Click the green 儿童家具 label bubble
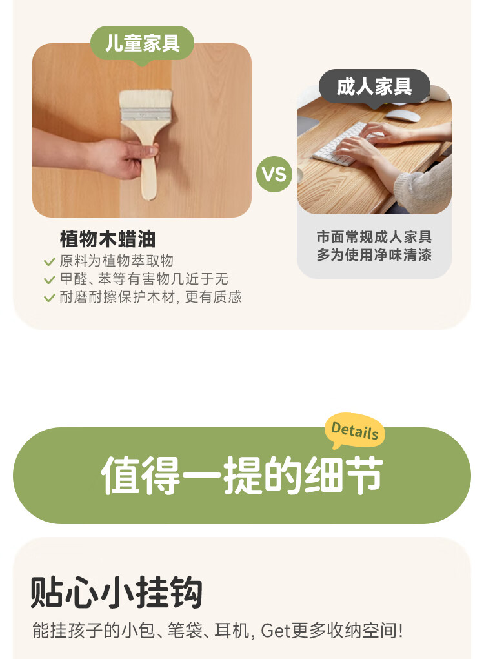pyautogui.click(x=142, y=44)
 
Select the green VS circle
pyautogui.click(x=274, y=174)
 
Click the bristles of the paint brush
pyautogui.click(x=146, y=99)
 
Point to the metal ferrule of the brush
pyautogui.click(x=146, y=115)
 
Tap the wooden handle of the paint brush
pyautogui.click(x=148, y=168)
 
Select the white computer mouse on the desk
pyautogui.click(x=403, y=116)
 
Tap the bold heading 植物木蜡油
pyautogui.click(x=108, y=239)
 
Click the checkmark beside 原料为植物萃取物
pyautogui.click(x=50, y=262)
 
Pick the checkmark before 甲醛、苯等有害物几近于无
pyautogui.click(x=50, y=280)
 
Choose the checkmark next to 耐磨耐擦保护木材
pyautogui.click(x=50, y=298)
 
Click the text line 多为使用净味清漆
pyautogui.click(x=374, y=255)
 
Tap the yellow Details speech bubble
pyautogui.click(x=355, y=431)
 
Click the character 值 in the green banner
pyautogui.click(x=121, y=475)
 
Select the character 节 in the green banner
pyautogui.click(x=363, y=475)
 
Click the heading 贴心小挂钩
pyautogui.click(x=116, y=592)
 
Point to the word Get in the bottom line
pyautogui.click(x=275, y=631)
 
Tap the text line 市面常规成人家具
pyautogui.click(x=374, y=237)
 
